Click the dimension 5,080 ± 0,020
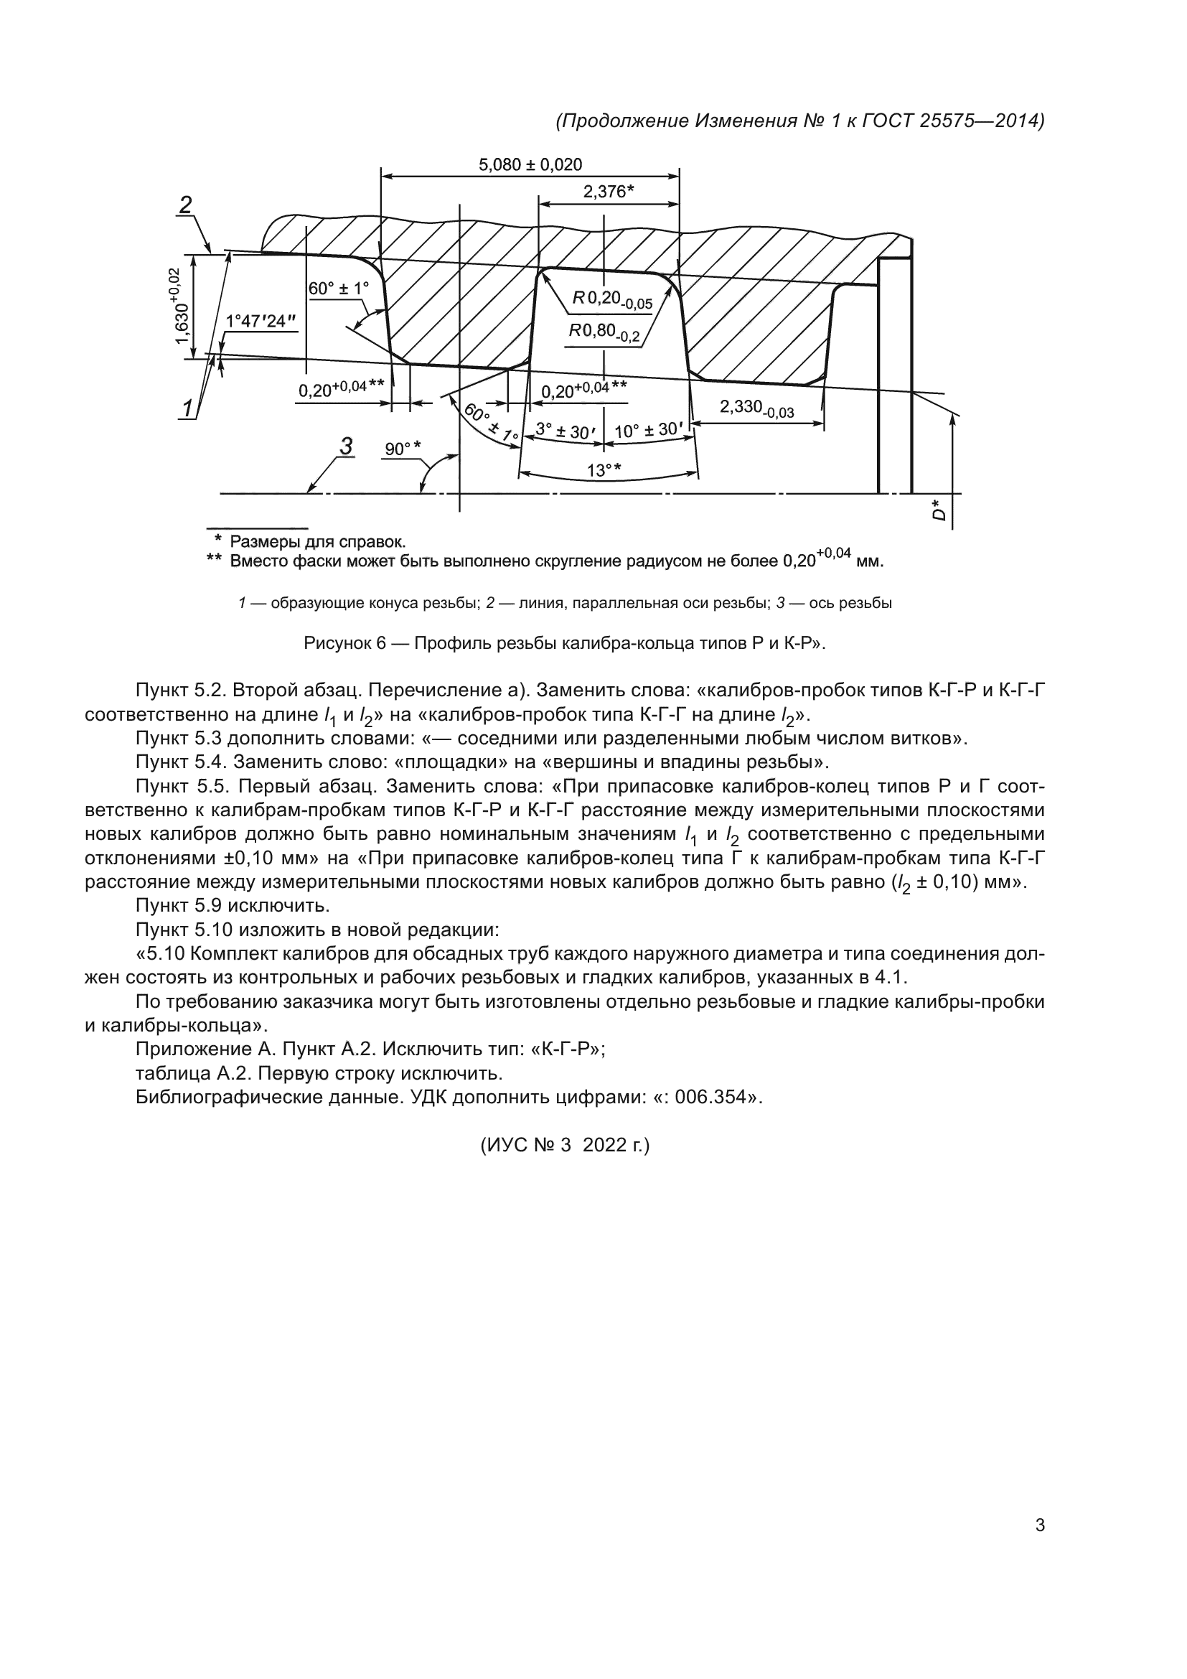[x=530, y=165]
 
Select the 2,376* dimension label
[x=607, y=192]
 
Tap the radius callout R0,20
[x=611, y=299]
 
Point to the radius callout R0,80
[x=604, y=332]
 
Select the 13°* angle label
[x=604, y=470]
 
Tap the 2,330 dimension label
[x=756, y=408]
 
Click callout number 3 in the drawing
[x=346, y=446]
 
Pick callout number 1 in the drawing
[x=189, y=408]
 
